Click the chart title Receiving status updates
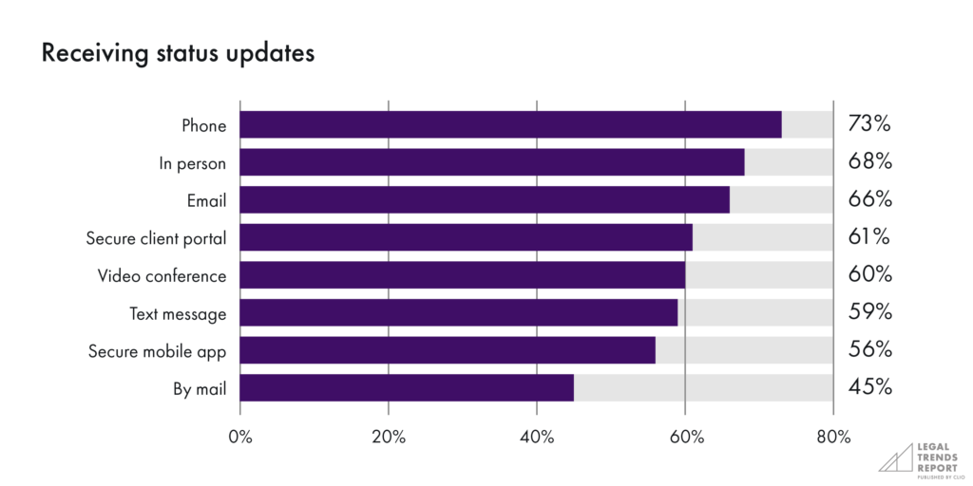pyautogui.click(x=178, y=54)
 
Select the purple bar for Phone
pyautogui.click(x=510, y=124)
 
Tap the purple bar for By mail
pyautogui.click(x=407, y=387)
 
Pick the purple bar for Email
pyautogui.click(x=485, y=199)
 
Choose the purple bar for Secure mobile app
pyautogui.click(x=448, y=350)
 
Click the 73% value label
pyautogui.click(x=869, y=124)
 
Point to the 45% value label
pyautogui.click(x=869, y=387)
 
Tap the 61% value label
pyautogui.click(x=869, y=237)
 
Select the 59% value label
pyautogui.click(x=869, y=312)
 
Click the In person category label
pyautogui.click(x=193, y=163)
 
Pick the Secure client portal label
pyautogui.click(x=157, y=238)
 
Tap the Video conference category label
pyautogui.click(x=162, y=276)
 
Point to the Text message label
pyautogui.click(x=179, y=313)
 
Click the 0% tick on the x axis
pyautogui.click(x=240, y=437)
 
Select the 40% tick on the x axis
pyautogui.click(x=537, y=437)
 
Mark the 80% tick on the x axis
pyautogui.click(x=833, y=437)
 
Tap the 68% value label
pyautogui.click(x=869, y=162)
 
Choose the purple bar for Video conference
pyautogui.click(x=462, y=275)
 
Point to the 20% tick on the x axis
pyautogui.click(x=389, y=437)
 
